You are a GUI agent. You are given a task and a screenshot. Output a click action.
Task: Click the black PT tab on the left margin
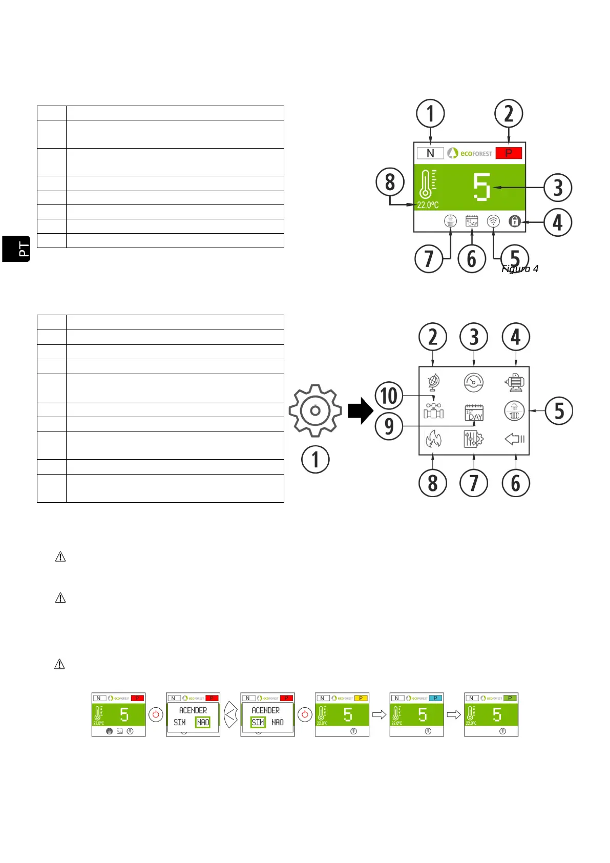pyautogui.click(x=16, y=249)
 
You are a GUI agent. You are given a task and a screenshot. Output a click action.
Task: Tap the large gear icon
pyautogui.click(x=315, y=410)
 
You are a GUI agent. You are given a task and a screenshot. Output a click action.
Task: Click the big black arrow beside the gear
pyautogui.click(x=361, y=410)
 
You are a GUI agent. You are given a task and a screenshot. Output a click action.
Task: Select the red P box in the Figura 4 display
pyautogui.click(x=509, y=153)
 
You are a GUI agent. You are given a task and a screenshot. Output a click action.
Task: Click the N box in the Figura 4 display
pyautogui.click(x=430, y=153)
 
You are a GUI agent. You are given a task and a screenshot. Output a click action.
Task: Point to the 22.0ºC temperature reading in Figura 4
pyautogui.click(x=428, y=205)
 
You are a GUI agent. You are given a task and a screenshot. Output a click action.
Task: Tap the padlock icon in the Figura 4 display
pyautogui.click(x=515, y=221)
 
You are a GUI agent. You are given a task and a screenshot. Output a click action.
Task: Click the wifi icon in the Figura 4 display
pyautogui.click(x=493, y=221)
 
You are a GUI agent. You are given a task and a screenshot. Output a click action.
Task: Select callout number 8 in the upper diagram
pyautogui.click(x=390, y=182)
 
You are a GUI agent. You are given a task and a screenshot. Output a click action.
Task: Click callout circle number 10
pyautogui.click(x=389, y=396)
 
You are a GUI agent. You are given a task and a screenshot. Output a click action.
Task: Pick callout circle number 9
pyautogui.click(x=389, y=426)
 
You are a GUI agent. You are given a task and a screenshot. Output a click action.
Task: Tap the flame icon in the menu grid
pyautogui.click(x=433, y=439)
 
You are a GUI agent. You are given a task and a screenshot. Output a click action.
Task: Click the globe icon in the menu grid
pyautogui.click(x=433, y=381)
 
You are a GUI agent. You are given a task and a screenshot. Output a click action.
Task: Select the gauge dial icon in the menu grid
pyautogui.click(x=474, y=382)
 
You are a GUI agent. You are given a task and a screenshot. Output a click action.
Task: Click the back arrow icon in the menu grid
pyautogui.click(x=514, y=439)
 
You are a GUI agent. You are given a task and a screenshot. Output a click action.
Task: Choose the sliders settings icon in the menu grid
pyautogui.click(x=474, y=439)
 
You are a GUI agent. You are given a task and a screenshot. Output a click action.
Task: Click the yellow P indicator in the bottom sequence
pyautogui.click(x=361, y=698)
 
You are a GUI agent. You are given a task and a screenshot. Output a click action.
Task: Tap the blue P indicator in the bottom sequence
pyautogui.click(x=435, y=698)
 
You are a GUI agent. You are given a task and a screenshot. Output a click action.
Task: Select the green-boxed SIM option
pyautogui.click(x=258, y=722)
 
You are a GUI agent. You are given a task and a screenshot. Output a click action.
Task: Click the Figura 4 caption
pyautogui.click(x=520, y=269)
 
